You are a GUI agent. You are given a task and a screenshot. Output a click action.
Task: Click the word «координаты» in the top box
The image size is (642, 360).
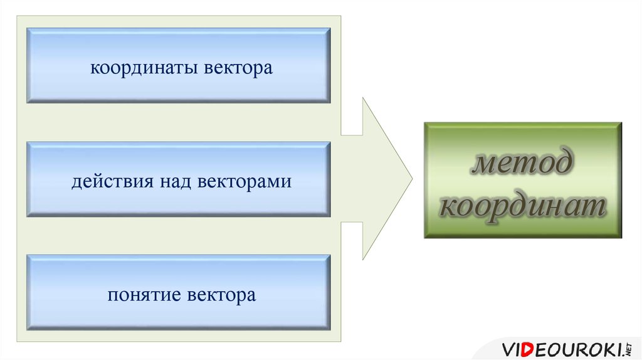pyautogui.click(x=144, y=68)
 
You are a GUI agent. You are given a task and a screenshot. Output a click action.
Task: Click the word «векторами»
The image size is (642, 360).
pyautogui.click(x=245, y=183)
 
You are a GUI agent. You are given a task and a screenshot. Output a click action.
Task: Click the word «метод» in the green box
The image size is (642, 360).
pyautogui.click(x=522, y=164)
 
